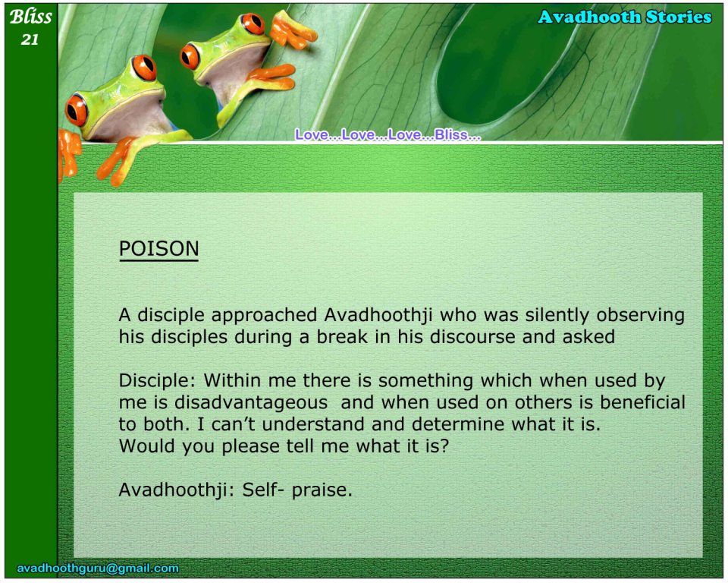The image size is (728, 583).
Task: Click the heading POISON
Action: click(158, 249)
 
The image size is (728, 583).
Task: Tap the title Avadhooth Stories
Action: click(624, 17)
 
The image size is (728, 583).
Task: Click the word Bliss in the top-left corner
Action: click(30, 17)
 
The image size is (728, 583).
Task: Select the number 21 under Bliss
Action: click(30, 39)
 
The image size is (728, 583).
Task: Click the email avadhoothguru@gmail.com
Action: click(98, 568)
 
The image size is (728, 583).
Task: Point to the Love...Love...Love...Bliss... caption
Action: click(388, 134)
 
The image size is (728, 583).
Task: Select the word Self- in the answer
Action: click(263, 490)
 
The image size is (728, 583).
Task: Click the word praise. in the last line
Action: click(322, 490)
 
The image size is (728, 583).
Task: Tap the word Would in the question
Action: click(146, 446)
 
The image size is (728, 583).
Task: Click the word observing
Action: click(641, 316)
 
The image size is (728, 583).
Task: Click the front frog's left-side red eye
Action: click(77, 110)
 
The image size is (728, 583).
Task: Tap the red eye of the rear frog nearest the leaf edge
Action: click(253, 24)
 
